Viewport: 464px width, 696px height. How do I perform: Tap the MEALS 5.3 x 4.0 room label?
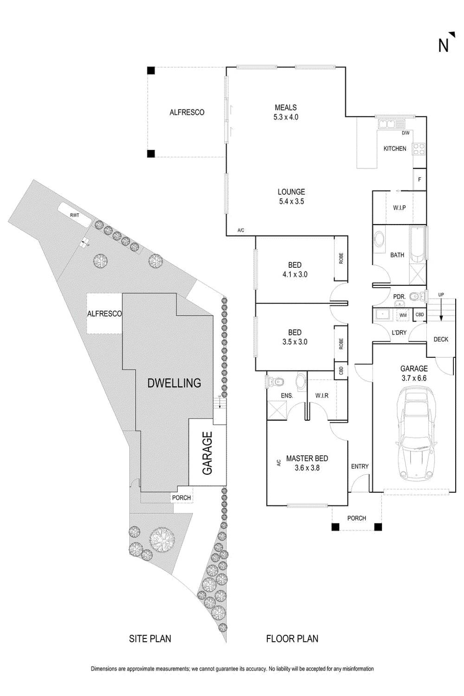pyautogui.click(x=286, y=112)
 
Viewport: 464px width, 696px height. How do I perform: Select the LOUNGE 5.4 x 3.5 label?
pyautogui.click(x=291, y=196)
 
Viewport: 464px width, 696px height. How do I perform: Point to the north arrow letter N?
pyautogui.click(x=444, y=45)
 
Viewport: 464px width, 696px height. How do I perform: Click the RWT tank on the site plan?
pyautogui.click(x=74, y=216)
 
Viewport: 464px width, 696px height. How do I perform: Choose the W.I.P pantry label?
pyautogui.click(x=399, y=208)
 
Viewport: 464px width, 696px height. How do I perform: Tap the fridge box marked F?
pyautogui.click(x=419, y=179)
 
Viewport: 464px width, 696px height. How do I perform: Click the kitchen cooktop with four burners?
pyautogui.click(x=419, y=149)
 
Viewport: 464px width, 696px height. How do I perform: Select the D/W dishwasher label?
pyautogui.click(x=406, y=133)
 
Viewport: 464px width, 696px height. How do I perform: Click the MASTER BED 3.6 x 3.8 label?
pyautogui.click(x=307, y=463)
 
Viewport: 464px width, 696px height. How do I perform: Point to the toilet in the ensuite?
pyautogui.click(x=276, y=382)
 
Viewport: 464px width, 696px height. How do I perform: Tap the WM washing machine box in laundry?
pyautogui.click(x=403, y=315)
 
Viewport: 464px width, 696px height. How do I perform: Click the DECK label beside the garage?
pyautogui.click(x=441, y=339)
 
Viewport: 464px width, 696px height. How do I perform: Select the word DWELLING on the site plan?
pyautogui.click(x=174, y=383)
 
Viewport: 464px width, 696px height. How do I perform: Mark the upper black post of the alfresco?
pyautogui.click(x=150, y=71)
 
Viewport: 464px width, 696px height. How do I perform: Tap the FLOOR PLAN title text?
pyautogui.click(x=292, y=639)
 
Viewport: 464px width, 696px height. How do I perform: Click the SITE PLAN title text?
pyautogui.click(x=150, y=639)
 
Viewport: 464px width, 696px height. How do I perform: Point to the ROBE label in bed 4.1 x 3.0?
pyautogui.click(x=342, y=258)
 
